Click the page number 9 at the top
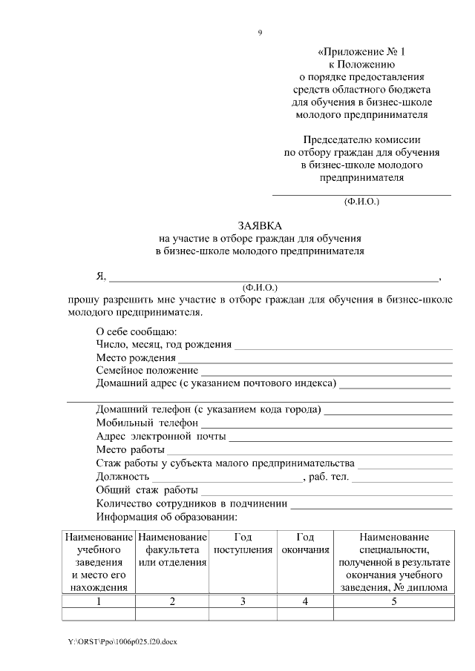click(260, 32)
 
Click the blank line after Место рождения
click(310, 360)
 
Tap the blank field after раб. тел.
click(402, 479)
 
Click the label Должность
click(122, 477)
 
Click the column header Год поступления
click(243, 543)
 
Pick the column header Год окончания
click(305, 543)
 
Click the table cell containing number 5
click(394, 601)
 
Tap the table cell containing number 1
click(99, 601)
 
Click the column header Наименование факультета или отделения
click(172, 550)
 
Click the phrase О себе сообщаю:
click(137, 331)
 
